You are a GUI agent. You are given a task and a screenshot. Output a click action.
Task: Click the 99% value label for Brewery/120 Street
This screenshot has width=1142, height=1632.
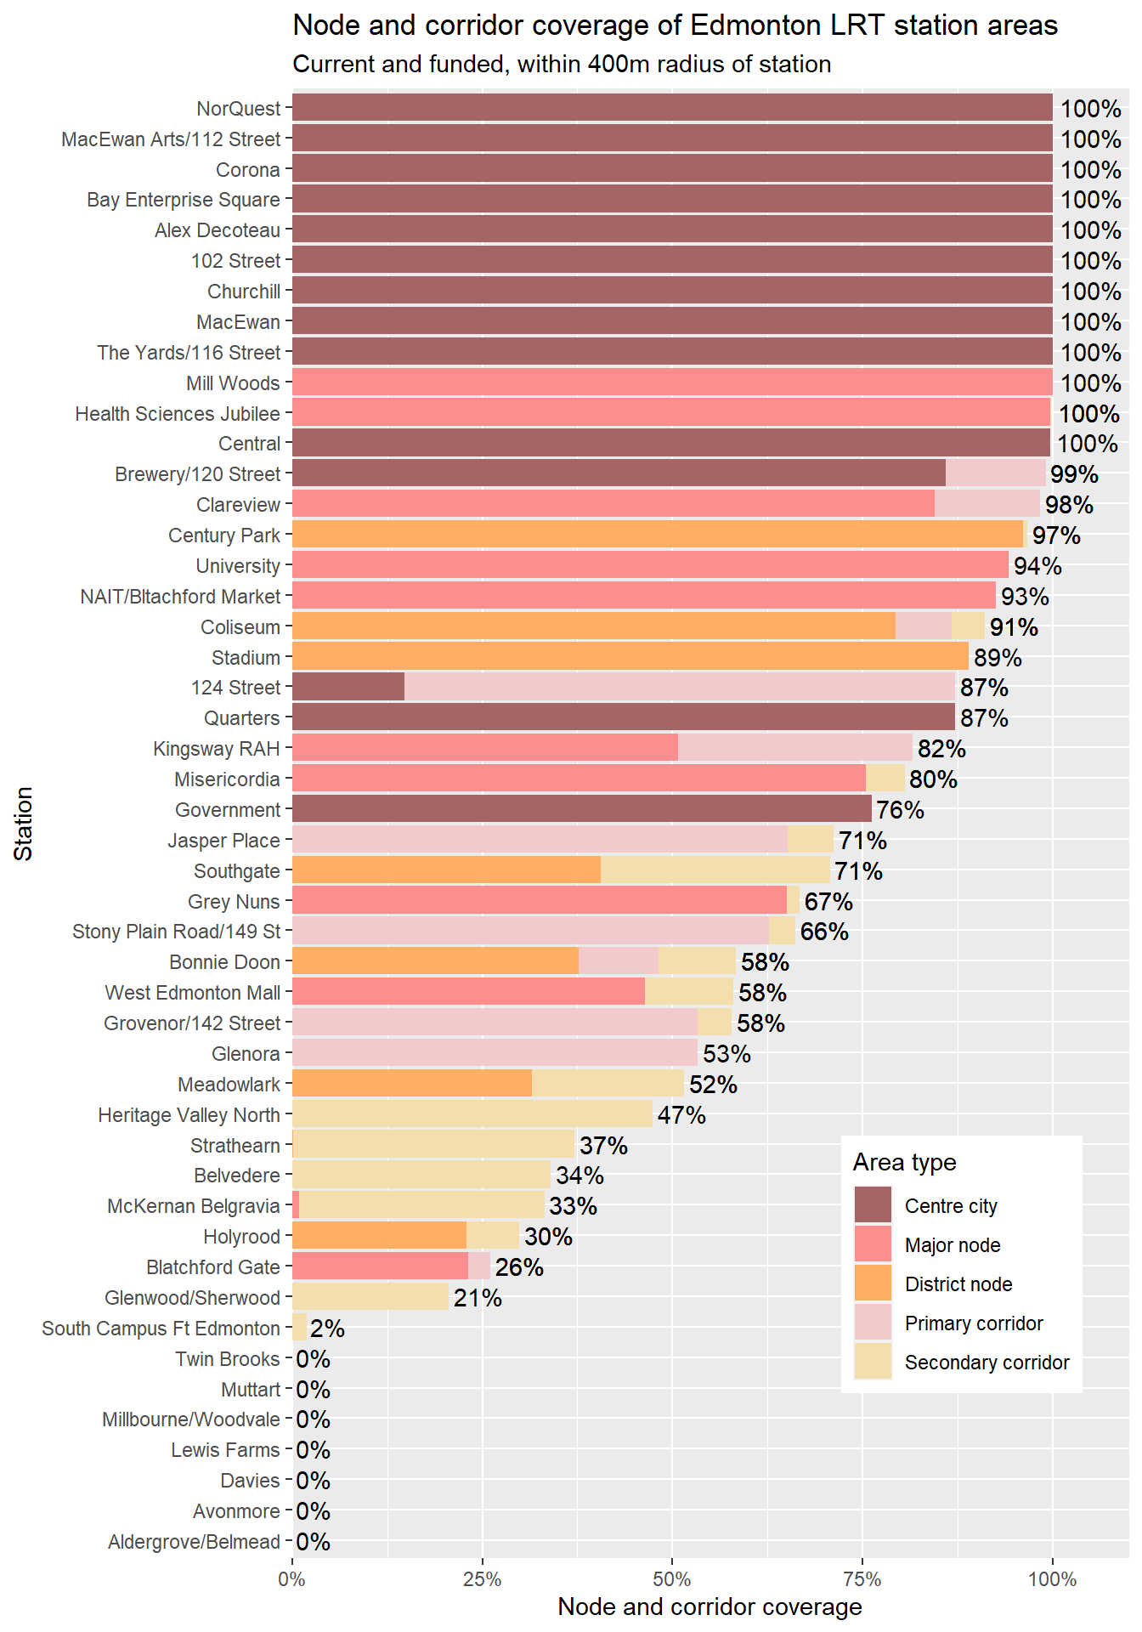click(1074, 474)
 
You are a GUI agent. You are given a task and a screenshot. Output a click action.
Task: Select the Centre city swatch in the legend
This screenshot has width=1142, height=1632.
click(873, 1205)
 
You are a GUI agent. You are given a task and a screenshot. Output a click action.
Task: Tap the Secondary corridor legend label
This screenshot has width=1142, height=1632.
click(987, 1363)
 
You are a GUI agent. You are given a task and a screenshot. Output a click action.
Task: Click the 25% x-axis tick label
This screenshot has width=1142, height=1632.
click(482, 1579)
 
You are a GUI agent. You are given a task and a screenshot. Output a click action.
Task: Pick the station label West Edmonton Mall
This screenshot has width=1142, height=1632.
click(192, 993)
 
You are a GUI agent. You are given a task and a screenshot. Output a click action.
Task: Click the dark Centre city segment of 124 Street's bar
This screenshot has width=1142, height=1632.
click(348, 687)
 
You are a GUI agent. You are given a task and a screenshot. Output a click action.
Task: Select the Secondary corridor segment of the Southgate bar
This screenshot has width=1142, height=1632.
click(715, 870)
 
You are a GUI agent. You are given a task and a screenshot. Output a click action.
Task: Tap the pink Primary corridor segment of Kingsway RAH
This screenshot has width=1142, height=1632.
click(795, 748)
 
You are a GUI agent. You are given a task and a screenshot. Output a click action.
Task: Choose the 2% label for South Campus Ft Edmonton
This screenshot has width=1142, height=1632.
click(327, 1329)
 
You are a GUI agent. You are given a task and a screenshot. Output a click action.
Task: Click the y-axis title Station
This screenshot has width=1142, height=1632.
click(24, 823)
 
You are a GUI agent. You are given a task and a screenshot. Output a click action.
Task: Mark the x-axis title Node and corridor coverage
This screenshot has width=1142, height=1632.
click(710, 1606)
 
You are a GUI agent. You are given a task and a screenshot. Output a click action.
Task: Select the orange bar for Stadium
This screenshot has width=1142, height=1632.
click(630, 656)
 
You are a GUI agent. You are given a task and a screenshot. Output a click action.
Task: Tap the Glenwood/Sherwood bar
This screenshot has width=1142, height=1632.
click(370, 1297)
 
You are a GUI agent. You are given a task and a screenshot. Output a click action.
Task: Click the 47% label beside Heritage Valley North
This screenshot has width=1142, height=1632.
click(681, 1115)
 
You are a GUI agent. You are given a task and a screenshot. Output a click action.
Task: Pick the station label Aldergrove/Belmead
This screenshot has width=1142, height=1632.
click(194, 1542)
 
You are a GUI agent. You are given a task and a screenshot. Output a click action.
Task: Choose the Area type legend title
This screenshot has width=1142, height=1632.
click(904, 1162)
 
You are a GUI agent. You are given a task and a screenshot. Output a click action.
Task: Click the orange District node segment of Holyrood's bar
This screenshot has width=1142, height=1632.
click(379, 1236)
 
